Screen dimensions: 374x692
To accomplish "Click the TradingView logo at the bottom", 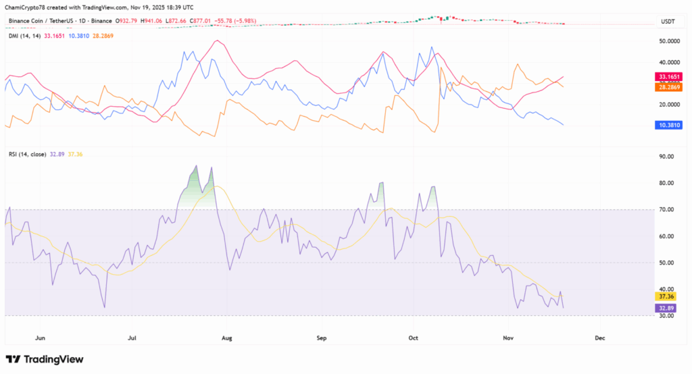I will pos(45,359).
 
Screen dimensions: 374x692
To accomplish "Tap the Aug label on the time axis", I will pos(226,336).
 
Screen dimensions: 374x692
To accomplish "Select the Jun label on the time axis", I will pos(40,336).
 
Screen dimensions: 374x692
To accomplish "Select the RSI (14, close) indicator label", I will pos(27,155).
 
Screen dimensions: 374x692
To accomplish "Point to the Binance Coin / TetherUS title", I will pos(38,21).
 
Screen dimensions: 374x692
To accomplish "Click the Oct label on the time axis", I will pos(414,336).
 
